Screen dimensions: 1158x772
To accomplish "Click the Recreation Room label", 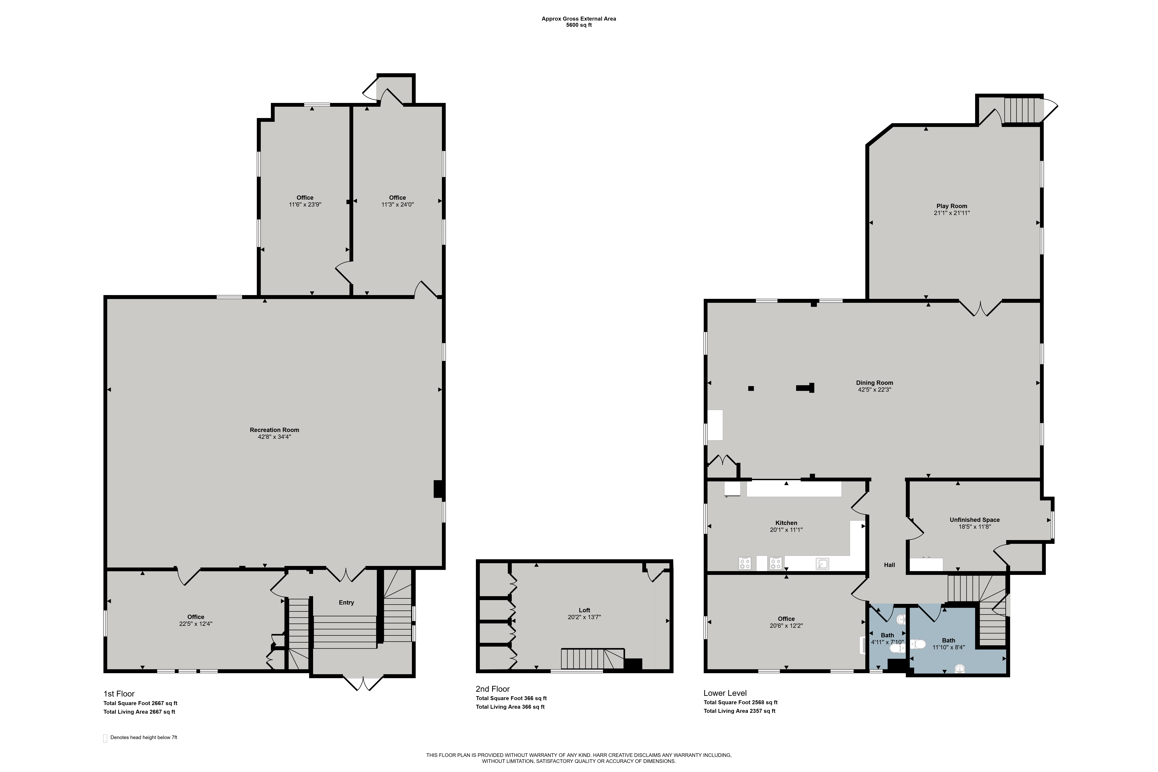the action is [x=274, y=430].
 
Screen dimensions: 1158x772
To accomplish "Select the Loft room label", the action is [x=584, y=610].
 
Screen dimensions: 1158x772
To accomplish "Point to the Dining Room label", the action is [x=874, y=383].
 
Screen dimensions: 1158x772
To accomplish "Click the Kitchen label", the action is [x=786, y=523].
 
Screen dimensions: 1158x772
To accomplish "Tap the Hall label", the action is [x=889, y=565].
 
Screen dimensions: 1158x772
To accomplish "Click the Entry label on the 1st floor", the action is [x=346, y=603].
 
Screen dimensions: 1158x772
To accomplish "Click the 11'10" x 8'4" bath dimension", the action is [x=948, y=647].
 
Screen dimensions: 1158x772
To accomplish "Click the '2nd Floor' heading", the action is [x=492, y=689].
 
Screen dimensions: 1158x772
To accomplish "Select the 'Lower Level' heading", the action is [x=725, y=693].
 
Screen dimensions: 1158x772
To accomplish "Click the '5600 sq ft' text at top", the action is [x=578, y=25].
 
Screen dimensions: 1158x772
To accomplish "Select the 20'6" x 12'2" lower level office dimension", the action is [x=786, y=626].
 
